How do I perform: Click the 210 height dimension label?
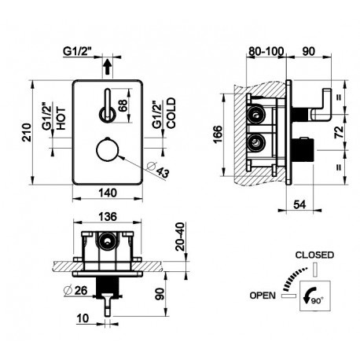tap(27, 133)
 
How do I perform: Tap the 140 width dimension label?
tap(108, 193)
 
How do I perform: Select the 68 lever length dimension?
tap(123, 105)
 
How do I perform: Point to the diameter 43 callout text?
tap(158, 170)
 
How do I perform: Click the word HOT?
tap(61, 119)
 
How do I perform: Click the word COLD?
tap(171, 113)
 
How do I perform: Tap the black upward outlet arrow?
tap(107, 67)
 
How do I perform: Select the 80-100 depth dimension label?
tap(266, 51)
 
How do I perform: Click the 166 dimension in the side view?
tap(218, 134)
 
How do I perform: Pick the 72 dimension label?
tap(339, 132)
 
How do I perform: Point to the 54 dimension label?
tap(299, 204)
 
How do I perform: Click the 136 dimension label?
tap(108, 217)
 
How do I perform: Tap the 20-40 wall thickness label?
tap(181, 237)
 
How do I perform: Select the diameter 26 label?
tap(75, 290)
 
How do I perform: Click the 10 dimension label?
tap(83, 318)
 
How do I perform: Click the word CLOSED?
tap(314, 255)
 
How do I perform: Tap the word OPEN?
tap(263, 296)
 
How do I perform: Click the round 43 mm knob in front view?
tap(108, 150)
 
